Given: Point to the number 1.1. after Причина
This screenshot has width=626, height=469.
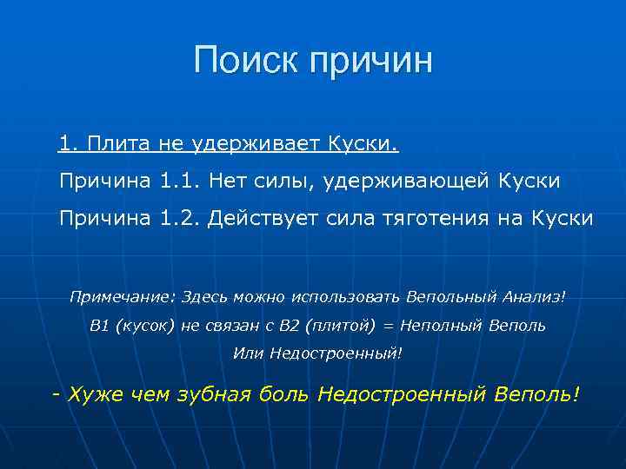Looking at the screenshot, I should (x=180, y=181).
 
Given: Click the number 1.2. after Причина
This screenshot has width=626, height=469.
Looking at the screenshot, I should (x=181, y=219).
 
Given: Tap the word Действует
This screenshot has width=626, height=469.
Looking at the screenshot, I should (x=268, y=219).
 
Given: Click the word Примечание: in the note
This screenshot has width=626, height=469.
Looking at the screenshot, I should (x=122, y=297).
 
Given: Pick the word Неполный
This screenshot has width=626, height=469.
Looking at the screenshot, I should (x=436, y=326).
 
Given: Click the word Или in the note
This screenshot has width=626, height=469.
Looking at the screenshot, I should (x=248, y=353).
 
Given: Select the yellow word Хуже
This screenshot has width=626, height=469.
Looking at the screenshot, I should (x=95, y=394).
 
